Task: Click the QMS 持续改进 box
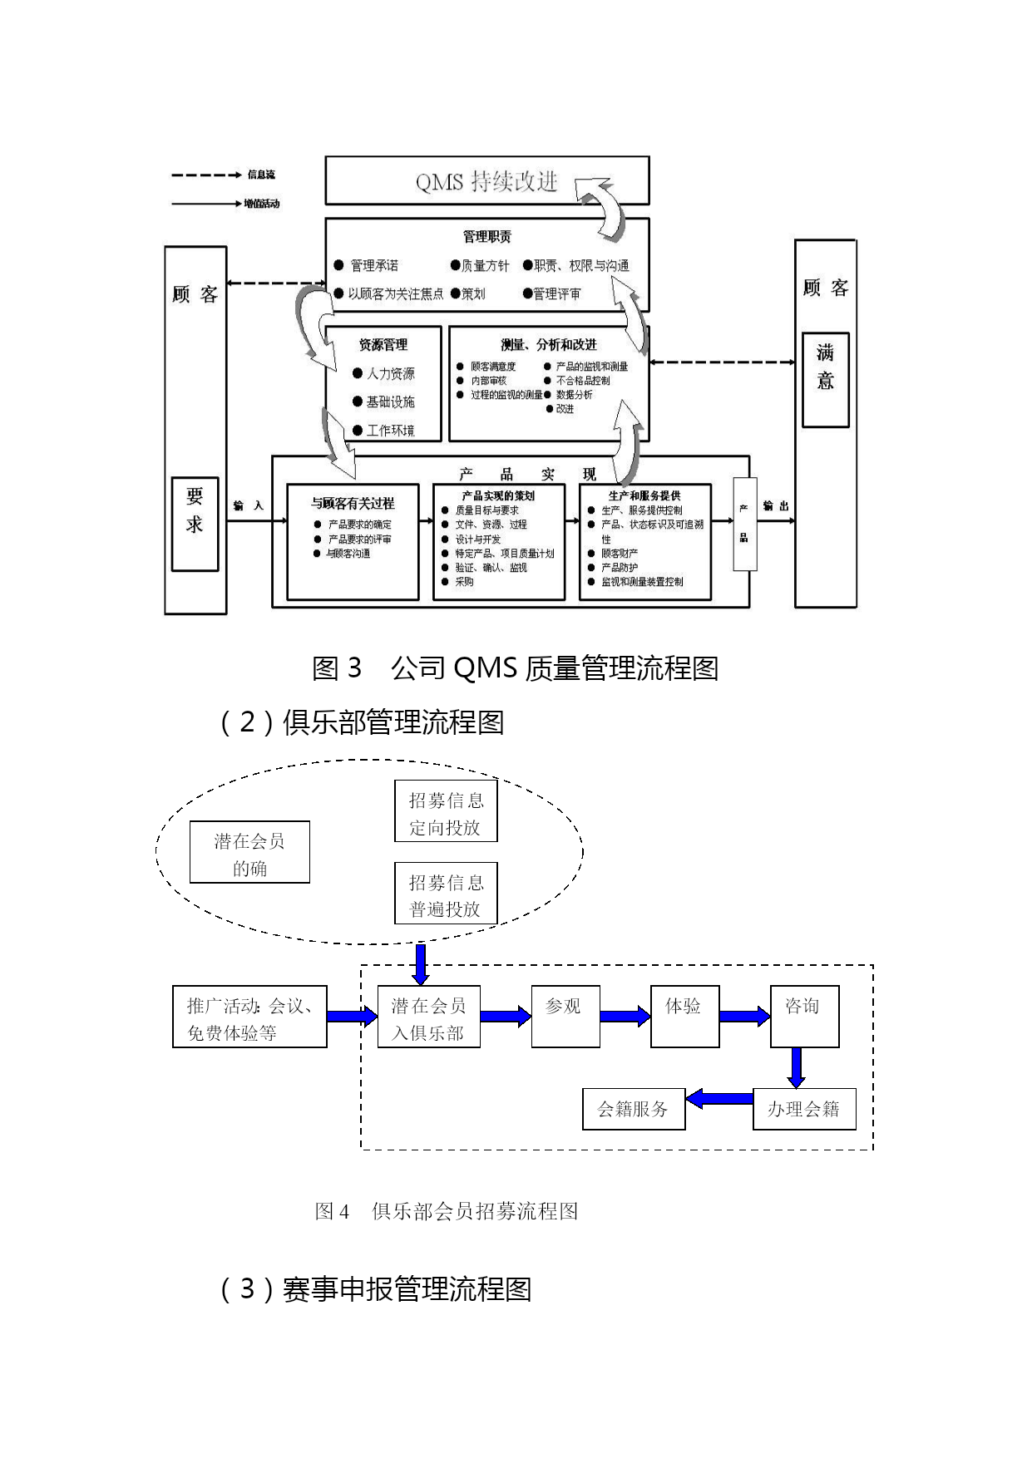[486, 180]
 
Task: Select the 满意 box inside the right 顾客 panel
[825, 380]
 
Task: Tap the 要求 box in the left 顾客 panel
[195, 524]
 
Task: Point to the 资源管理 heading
[383, 344]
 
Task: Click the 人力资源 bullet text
[390, 374]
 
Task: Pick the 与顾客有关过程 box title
[353, 503]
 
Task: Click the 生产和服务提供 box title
[644, 495]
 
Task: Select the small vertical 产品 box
[744, 524]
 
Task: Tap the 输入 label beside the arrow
[248, 505]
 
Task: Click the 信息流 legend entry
[260, 175]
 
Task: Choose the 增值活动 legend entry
[261, 204]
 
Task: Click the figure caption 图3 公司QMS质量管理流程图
[515, 667]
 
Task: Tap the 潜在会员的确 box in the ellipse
[249, 852]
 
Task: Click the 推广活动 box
[249, 1017]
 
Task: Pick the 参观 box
[565, 1017]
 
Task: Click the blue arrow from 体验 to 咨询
[744, 1017]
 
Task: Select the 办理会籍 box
[803, 1109]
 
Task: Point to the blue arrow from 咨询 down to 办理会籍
[797, 1067]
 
